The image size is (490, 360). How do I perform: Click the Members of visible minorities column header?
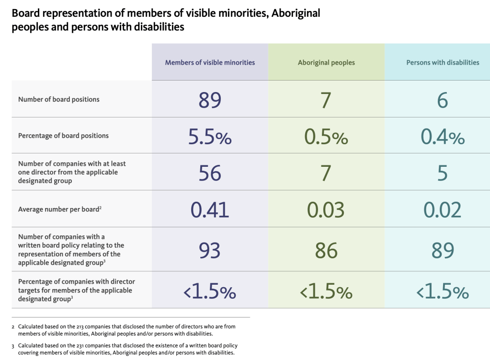tap(210, 62)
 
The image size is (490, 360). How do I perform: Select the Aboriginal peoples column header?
tap(326, 63)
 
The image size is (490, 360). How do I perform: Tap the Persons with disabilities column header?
tap(443, 62)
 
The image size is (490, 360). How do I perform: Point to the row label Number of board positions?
tap(59, 99)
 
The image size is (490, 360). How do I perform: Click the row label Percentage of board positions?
tap(63, 136)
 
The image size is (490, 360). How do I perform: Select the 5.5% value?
tap(210, 137)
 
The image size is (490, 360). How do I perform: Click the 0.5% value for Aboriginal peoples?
tap(326, 137)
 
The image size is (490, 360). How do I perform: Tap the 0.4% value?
tap(443, 137)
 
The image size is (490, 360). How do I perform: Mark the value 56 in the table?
tap(210, 173)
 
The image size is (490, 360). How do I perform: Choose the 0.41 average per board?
tap(210, 210)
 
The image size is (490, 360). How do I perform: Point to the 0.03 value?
tap(326, 210)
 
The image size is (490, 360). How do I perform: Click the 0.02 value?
tap(443, 210)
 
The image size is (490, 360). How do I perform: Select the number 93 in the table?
tap(210, 250)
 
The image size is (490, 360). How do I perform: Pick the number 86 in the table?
tap(326, 250)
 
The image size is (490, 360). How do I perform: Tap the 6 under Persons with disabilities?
tap(443, 100)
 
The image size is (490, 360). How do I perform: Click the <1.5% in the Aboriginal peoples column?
tap(326, 291)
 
